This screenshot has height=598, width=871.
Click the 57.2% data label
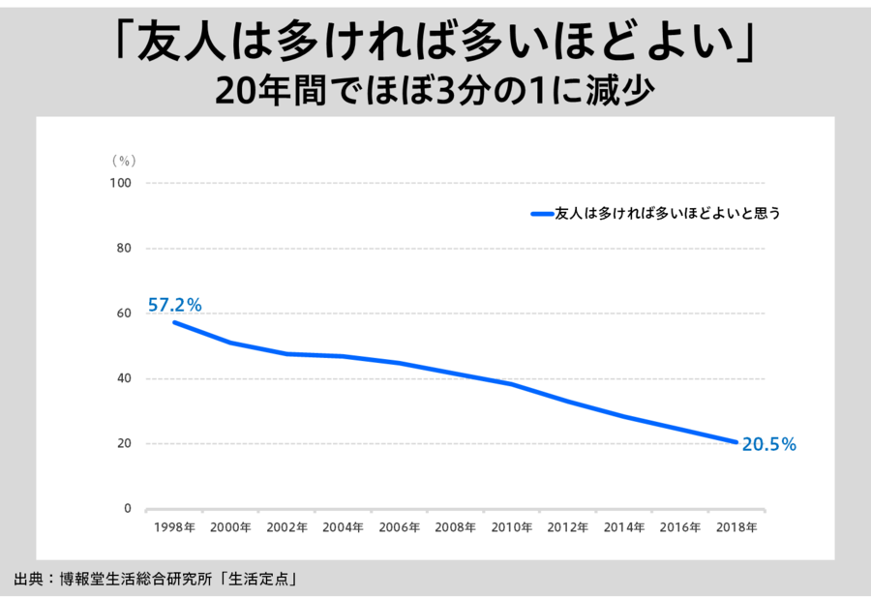[x=174, y=305]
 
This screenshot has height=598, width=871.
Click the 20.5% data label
[x=768, y=445]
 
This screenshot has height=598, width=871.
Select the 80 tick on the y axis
[x=123, y=248]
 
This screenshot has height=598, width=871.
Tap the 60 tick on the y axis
[x=123, y=314]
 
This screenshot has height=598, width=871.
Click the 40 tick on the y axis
[x=123, y=378]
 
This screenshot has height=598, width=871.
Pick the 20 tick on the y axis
[x=123, y=444]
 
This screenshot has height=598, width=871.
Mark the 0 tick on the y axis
[x=127, y=509]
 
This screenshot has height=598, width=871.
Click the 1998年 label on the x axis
[x=174, y=528]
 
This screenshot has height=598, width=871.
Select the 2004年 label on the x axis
[x=343, y=528]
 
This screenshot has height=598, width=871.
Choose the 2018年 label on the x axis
[x=736, y=528]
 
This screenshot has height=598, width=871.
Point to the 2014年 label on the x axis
[x=624, y=528]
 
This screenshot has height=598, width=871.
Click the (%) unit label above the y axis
[x=123, y=160]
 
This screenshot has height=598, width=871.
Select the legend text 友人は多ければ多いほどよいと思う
[x=667, y=213]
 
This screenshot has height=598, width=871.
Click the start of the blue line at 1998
[x=174, y=322]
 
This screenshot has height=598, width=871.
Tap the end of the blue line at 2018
[x=736, y=442]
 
